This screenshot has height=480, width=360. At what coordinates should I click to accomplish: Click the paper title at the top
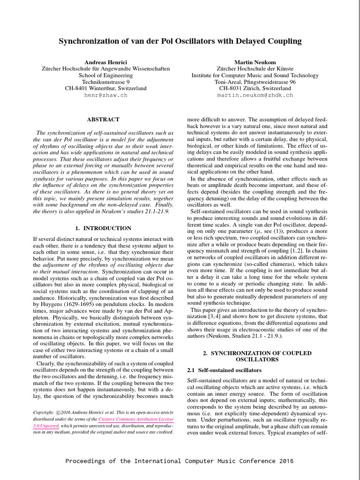[180, 42]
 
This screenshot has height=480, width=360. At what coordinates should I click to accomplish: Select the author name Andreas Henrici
[105, 62]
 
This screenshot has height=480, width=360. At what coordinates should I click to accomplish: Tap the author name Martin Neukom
[255, 62]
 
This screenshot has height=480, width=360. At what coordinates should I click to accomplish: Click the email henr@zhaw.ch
[105, 95]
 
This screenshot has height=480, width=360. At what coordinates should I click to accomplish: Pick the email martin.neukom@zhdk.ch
[255, 95]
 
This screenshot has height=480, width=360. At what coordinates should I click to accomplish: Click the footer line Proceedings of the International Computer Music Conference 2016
[180, 461]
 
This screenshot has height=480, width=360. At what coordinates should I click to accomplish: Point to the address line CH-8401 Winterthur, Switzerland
[105, 88]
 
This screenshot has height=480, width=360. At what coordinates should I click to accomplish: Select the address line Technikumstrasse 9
[105, 82]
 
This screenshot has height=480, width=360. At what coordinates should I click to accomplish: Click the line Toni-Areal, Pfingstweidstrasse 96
[255, 82]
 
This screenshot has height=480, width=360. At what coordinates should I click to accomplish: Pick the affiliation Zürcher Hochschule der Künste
[255, 68]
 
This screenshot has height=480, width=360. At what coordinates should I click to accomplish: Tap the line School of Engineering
[105, 75]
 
